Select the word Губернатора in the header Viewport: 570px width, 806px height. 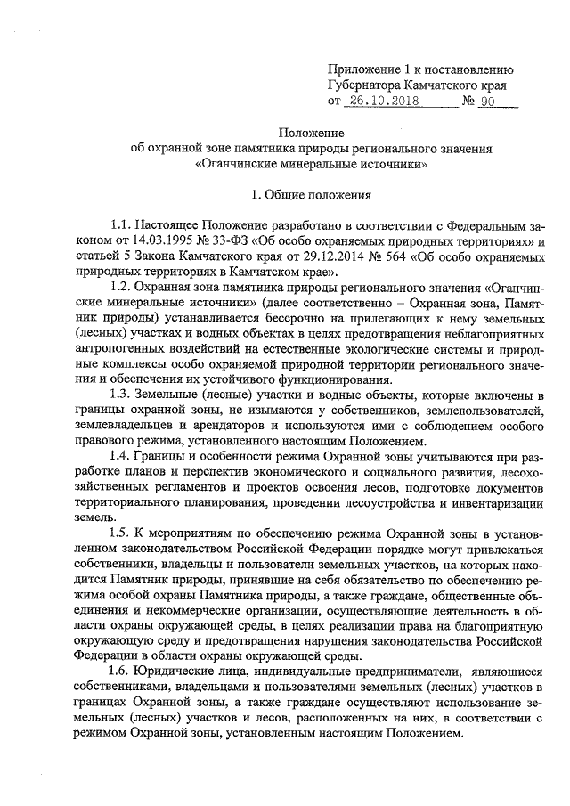click(x=368, y=85)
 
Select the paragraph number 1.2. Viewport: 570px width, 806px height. click(x=118, y=289)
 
